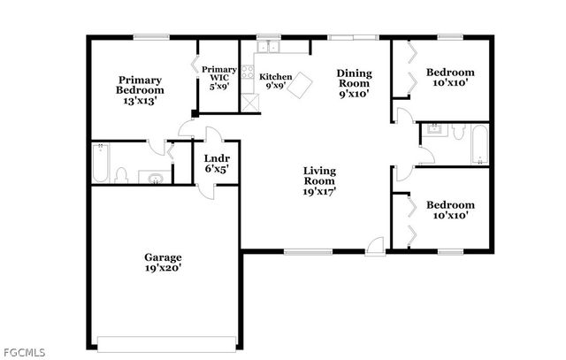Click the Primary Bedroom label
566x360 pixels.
(141, 89)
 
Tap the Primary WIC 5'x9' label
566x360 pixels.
(218, 78)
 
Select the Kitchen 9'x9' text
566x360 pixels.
(275, 82)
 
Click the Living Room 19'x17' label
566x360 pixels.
(319, 180)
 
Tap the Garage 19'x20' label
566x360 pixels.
(163, 263)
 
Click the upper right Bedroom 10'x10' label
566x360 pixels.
(450, 78)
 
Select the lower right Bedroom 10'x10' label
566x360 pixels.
(450, 209)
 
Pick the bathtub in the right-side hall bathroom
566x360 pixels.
(478, 144)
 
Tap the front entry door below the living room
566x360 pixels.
(376, 245)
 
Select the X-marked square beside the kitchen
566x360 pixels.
(252, 101)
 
